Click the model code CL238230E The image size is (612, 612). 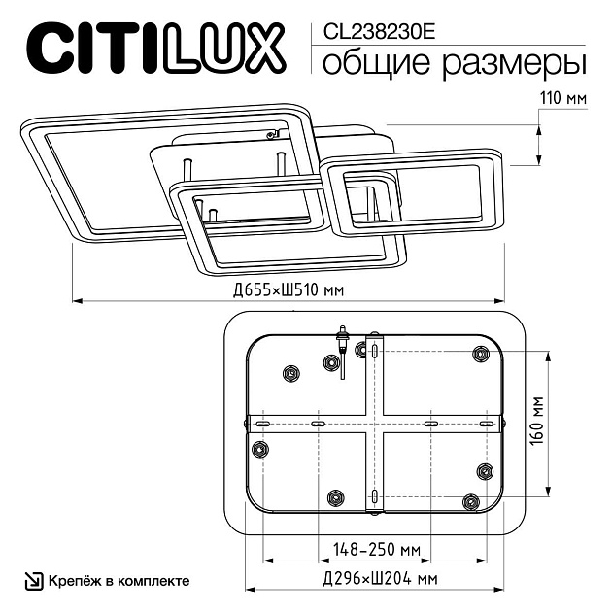[x=372, y=30]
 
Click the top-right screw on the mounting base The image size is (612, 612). [x=480, y=355]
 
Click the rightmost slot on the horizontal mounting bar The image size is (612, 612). [x=486, y=425]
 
